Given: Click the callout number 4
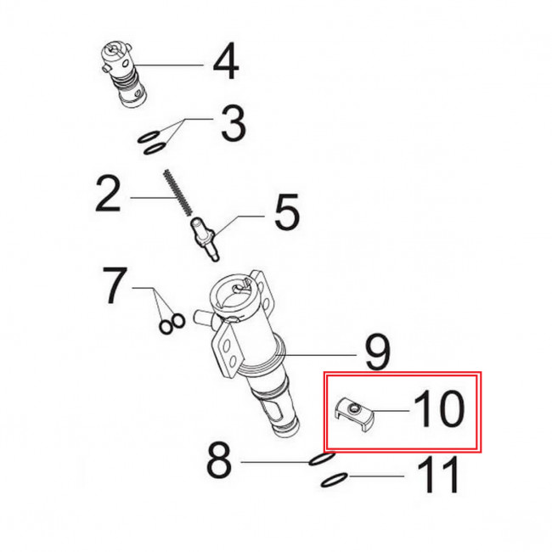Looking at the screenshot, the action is pos(226,61).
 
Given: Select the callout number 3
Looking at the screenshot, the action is pos(233,124).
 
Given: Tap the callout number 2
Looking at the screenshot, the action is pos(108,194).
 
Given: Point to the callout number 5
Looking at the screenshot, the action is pos(287,211).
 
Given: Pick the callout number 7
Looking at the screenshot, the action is pos(115,285).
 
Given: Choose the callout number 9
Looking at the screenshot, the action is pos(377,352).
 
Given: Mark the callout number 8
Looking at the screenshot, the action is pos(219,459).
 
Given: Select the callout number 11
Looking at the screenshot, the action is pos(439,475).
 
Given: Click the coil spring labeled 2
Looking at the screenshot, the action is pos(178,192).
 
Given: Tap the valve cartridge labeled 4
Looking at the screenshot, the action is pos(122,75).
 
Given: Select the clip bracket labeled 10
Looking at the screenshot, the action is pos(354,414).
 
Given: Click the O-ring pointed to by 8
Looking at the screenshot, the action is pos(322,459).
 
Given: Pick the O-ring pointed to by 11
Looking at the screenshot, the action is pos(334,480).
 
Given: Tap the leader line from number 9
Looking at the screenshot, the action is pos(316,355).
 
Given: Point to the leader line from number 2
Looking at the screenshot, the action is pos(154,198).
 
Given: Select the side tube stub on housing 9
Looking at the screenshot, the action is pos(202,316).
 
